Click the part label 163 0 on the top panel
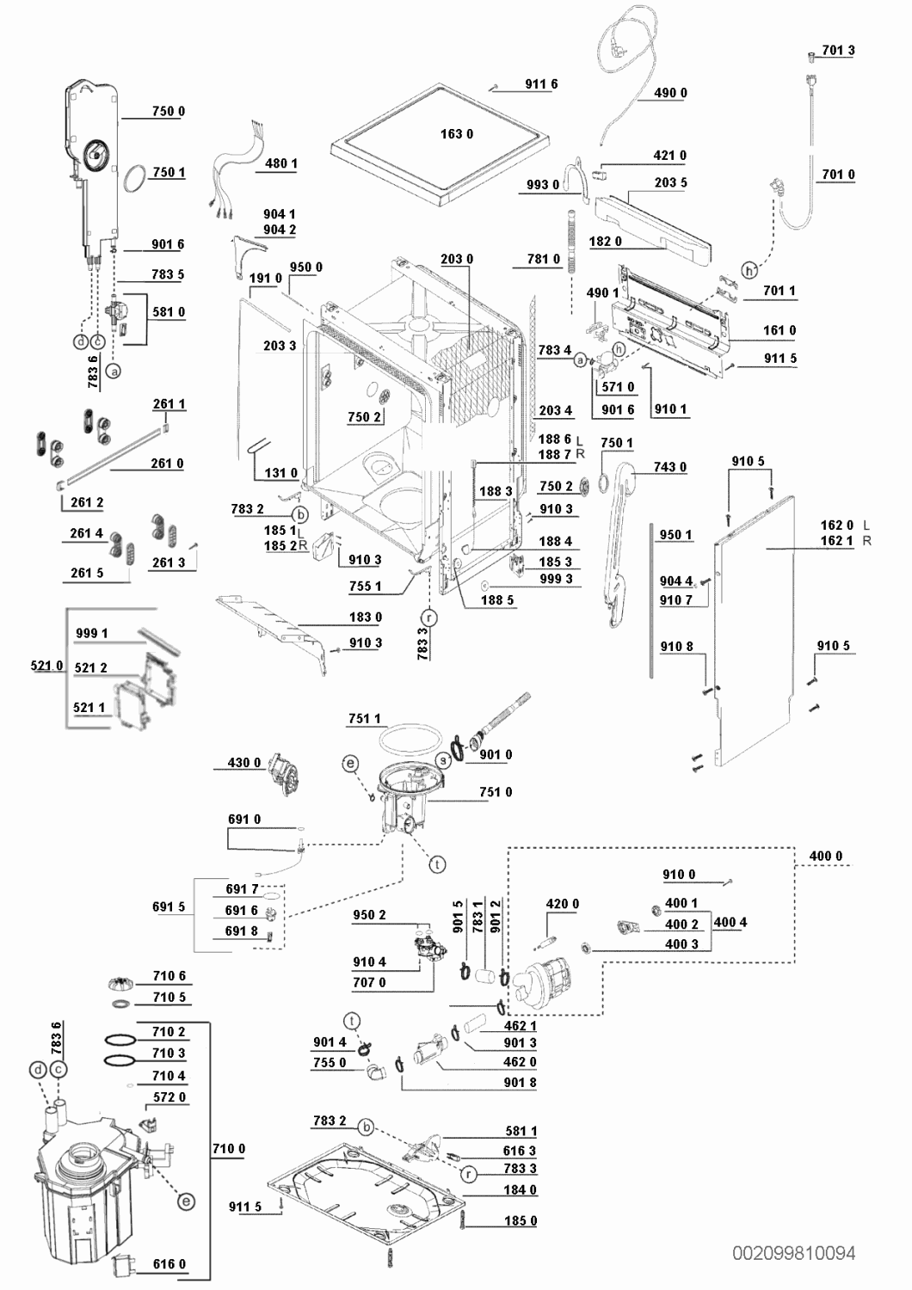point(456,134)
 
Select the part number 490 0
point(670,93)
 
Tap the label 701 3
point(838,50)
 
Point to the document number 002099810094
point(793,1253)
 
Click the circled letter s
point(443,761)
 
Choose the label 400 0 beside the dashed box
point(826,856)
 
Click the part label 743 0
point(670,467)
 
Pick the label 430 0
point(244,763)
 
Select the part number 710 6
point(169,975)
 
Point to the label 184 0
point(521,1189)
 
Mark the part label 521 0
point(46,666)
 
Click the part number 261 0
point(167,464)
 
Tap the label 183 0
point(366,617)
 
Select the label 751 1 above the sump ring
point(365,719)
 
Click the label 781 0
point(544,260)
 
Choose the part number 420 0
point(563,904)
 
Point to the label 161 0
point(780,330)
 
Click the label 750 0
point(169,111)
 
